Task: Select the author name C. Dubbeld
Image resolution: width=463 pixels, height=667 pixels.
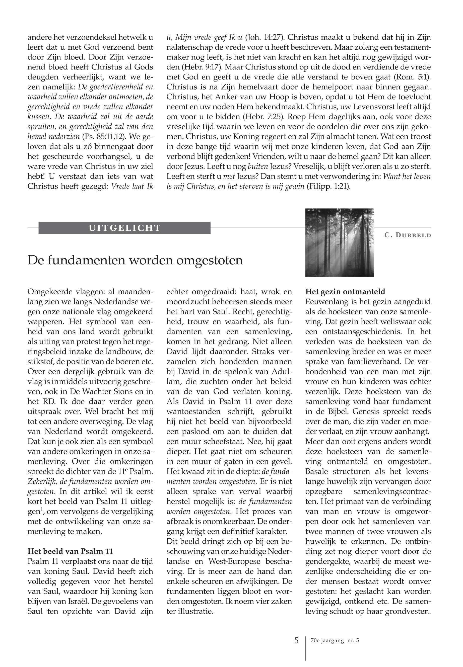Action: coord(408,235)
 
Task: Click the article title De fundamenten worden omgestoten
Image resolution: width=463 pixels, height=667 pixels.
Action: coord(135,260)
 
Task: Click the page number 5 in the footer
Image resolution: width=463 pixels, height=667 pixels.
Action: coord(296,641)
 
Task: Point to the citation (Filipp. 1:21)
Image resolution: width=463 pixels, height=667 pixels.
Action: coord(328,186)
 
